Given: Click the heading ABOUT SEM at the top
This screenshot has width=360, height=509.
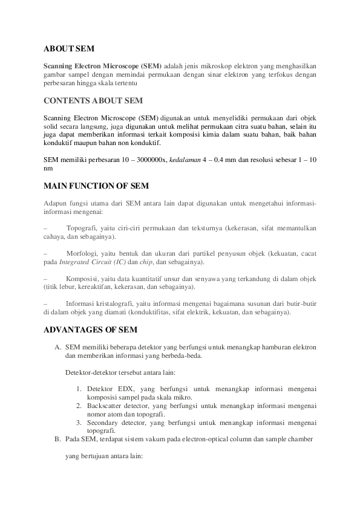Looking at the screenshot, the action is [69, 48].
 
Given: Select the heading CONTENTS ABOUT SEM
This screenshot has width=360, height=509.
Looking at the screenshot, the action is [94, 100].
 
